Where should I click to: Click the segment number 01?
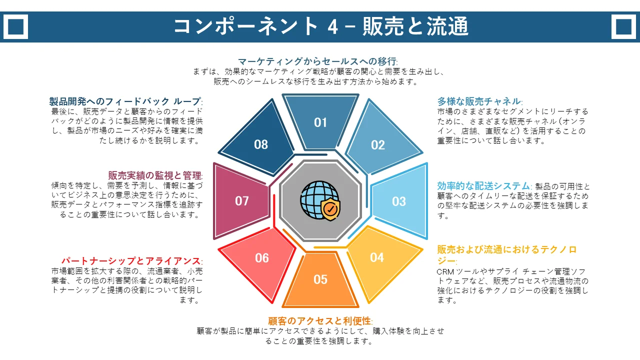click(320, 122)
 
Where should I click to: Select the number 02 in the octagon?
click(377, 145)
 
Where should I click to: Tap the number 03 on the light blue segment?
click(399, 201)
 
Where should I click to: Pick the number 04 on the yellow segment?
click(377, 257)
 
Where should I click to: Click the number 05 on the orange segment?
click(320, 279)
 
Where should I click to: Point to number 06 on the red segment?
click(261, 258)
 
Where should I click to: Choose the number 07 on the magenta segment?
click(241, 201)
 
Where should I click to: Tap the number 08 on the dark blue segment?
click(261, 144)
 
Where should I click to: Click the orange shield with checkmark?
click(330, 208)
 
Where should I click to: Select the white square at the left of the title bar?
click(15, 26)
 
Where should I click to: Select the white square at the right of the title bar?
click(623, 26)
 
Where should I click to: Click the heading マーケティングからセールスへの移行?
click(317, 61)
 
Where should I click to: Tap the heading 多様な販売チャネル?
click(479, 101)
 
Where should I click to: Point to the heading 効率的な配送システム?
click(483, 186)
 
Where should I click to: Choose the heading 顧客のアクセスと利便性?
click(319, 321)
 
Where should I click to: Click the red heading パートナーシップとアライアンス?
click(131, 261)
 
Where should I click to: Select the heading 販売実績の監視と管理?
click(154, 175)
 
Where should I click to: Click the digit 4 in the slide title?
click(333, 27)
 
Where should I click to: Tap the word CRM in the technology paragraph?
click(445, 271)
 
